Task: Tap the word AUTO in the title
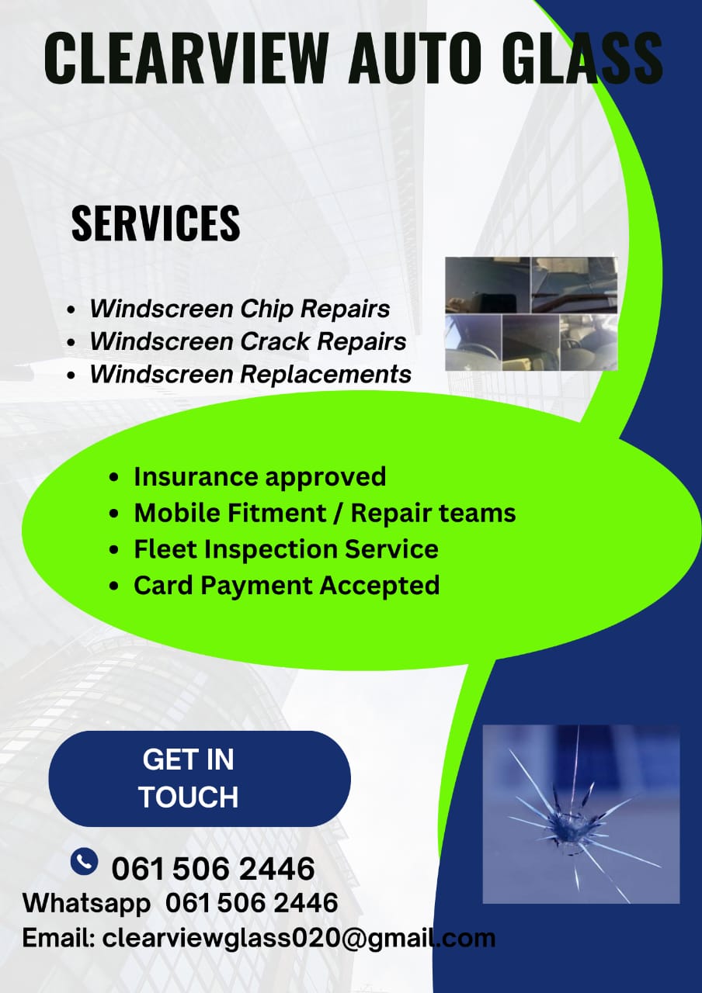click(415, 58)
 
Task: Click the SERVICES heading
click(156, 223)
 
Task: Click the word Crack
click(275, 341)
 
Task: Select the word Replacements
click(325, 375)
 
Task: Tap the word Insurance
click(196, 477)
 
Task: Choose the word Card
click(163, 586)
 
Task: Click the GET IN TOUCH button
click(200, 779)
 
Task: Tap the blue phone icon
click(84, 862)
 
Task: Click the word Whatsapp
click(86, 903)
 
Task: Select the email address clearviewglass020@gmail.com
click(299, 939)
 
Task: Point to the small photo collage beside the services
click(531, 313)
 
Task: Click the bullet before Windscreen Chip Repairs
click(71, 310)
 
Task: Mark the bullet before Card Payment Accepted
click(114, 586)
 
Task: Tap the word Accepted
click(380, 586)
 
